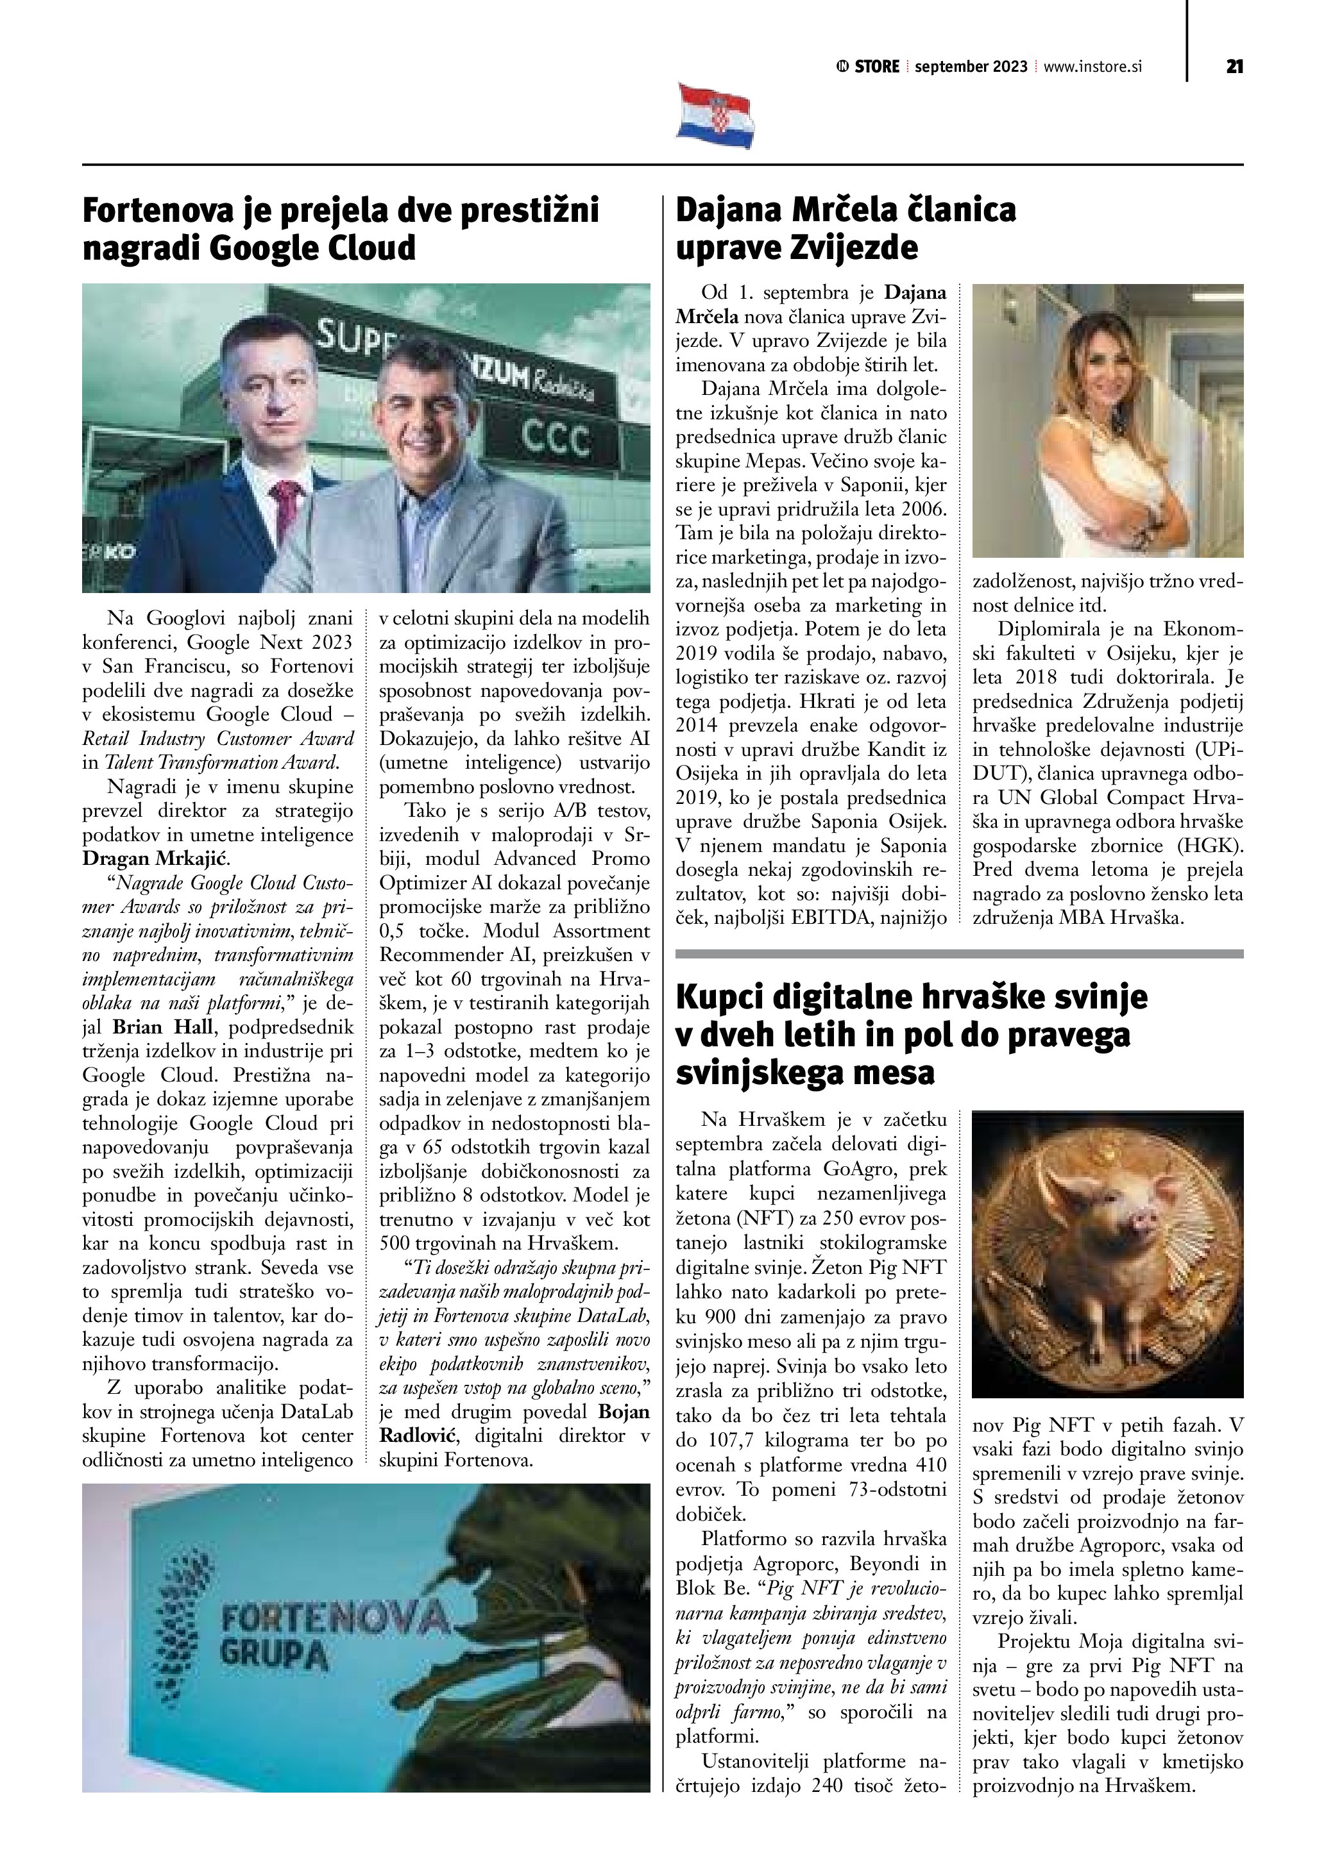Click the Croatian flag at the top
(x=715, y=116)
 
